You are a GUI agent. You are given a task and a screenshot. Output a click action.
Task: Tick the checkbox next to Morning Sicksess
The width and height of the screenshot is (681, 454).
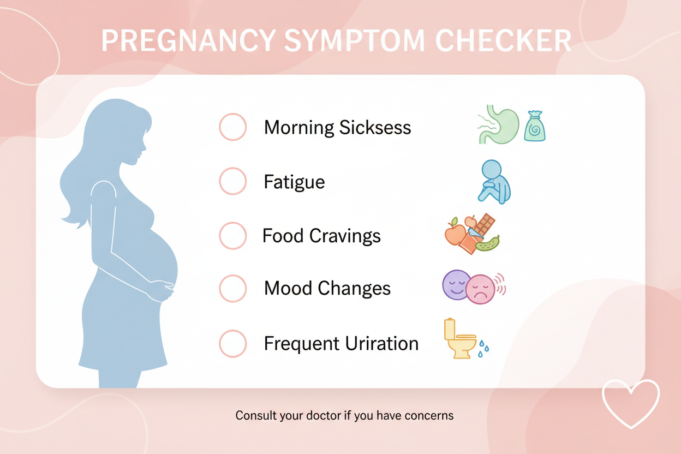point(233,127)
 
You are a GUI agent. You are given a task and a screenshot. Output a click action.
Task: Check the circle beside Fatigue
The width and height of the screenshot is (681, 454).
point(233,181)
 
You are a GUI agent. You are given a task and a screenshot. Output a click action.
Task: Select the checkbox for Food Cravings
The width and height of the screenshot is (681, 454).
point(233,236)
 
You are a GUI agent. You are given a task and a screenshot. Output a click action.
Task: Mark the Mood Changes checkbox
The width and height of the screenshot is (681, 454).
point(233,288)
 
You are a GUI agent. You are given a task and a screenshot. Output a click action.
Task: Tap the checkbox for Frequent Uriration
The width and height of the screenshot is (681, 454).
point(233,344)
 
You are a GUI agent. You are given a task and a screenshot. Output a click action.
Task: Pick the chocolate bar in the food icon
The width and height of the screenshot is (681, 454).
point(485,224)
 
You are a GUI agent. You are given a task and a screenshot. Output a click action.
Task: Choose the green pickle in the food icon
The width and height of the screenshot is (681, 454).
point(488,243)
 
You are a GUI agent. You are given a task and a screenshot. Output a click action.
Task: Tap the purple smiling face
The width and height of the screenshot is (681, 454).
point(456,285)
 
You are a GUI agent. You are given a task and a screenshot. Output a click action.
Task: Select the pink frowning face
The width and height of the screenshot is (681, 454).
point(480,289)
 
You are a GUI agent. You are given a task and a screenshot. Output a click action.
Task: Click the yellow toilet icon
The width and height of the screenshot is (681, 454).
point(458,340)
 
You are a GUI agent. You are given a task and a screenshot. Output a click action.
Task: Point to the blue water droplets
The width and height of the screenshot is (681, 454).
point(483,348)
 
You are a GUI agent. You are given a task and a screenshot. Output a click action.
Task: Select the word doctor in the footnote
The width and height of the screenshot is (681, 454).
point(310,416)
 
